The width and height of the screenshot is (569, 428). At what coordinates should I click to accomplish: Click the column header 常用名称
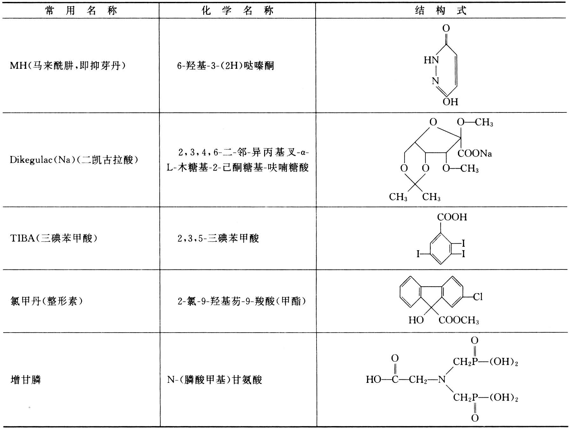coord(81,11)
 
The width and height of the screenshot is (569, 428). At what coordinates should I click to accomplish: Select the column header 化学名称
coord(237,11)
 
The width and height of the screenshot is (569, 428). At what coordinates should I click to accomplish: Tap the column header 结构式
coord(441,11)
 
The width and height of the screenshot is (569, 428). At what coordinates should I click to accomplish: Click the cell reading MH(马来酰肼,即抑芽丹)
coord(68,65)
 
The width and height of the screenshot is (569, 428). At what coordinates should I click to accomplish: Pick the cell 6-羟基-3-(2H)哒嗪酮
coord(225,65)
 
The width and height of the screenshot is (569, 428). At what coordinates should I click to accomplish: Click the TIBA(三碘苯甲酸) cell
coord(54,238)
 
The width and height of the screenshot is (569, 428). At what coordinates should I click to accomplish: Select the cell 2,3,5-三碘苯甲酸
coord(218,238)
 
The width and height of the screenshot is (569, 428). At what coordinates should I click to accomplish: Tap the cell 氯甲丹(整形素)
coord(47,301)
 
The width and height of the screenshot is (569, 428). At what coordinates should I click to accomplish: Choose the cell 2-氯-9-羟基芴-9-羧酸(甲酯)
coord(242,301)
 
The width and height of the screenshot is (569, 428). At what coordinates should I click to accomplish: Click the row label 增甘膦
coord(26,379)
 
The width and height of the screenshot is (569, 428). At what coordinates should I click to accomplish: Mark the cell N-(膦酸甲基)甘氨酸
coord(215,379)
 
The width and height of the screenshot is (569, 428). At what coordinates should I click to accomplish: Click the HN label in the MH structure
coord(431,60)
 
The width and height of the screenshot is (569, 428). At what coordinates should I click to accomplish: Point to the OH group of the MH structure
coord(450,102)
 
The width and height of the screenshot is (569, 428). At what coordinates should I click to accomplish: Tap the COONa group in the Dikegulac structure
coord(475,154)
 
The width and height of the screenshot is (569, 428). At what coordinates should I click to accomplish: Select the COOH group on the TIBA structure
coord(452,217)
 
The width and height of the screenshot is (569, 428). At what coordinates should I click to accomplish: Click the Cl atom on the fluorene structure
coord(478,297)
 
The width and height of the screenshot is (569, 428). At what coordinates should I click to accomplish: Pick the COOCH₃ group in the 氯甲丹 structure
coord(459,320)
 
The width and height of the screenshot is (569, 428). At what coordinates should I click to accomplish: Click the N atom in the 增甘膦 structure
coord(442,379)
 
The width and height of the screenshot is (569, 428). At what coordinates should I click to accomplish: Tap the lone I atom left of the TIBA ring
coord(418,254)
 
